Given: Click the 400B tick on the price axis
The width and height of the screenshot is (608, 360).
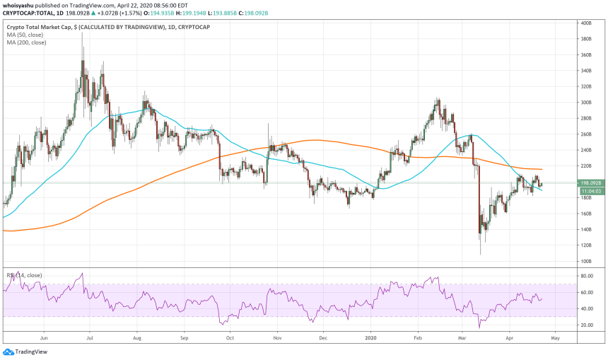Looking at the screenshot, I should click(x=586, y=23).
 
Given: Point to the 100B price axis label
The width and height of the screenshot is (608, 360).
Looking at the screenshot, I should click(x=586, y=262).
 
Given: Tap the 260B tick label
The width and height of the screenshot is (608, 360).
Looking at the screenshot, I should click(x=586, y=134).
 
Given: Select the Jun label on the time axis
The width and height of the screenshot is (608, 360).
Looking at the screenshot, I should click(x=44, y=337).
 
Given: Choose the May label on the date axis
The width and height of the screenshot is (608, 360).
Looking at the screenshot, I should click(x=555, y=337).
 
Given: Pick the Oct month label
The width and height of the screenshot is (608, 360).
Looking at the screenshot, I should click(x=229, y=337).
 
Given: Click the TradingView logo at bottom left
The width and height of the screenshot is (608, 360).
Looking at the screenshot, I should click(x=21, y=352).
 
